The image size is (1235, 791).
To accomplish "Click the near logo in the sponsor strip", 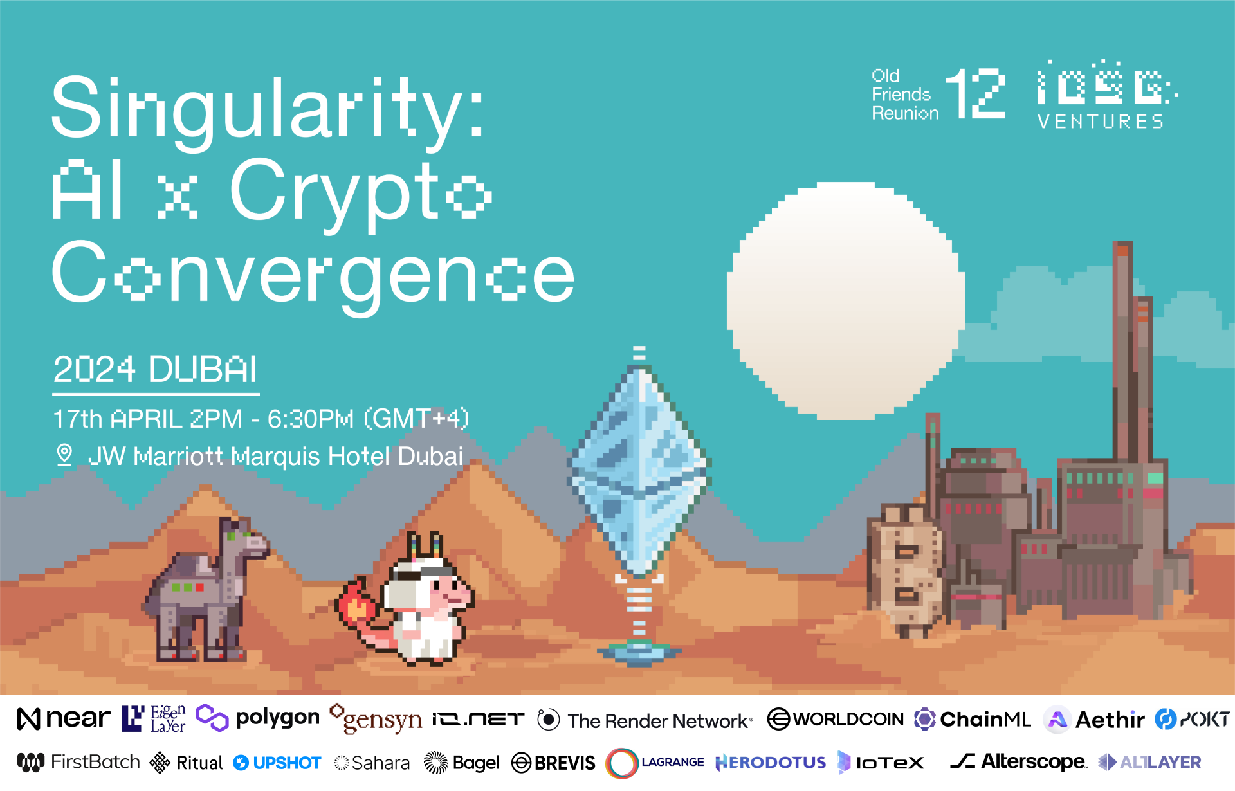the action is click(x=63, y=718).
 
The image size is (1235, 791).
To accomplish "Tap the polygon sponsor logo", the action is click(x=257, y=718).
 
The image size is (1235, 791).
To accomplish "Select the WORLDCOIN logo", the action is click(x=836, y=719).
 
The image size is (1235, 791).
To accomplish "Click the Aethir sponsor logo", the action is click(x=1094, y=720).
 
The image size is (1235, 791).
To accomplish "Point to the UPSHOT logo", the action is click(x=277, y=763).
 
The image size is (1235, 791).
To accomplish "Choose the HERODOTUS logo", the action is click(x=771, y=763).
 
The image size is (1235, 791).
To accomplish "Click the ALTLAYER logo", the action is click(x=1149, y=762).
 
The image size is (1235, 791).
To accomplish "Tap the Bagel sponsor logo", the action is click(x=461, y=763).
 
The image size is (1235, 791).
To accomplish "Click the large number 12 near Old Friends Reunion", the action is click(x=975, y=94).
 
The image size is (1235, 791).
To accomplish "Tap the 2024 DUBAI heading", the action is click(x=155, y=370).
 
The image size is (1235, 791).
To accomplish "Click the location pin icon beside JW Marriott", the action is click(x=64, y=455).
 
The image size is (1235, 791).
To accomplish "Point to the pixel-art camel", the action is click(x=206, y=590).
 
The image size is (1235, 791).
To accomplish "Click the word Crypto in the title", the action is click(x=360, y=193).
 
